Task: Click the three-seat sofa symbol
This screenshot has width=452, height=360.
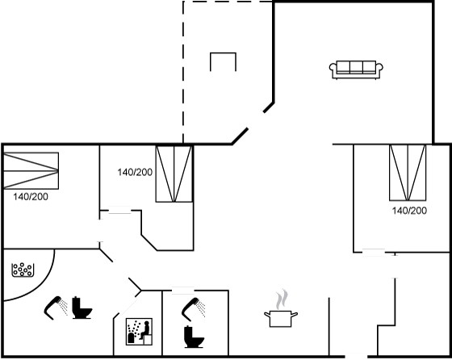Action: (x=356, y=69)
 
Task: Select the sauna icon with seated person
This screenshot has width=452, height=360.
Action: (x=139, y=332)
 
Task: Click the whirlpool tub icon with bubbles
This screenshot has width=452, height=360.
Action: (x=23, y=270)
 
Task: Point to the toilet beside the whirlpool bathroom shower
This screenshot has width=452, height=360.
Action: (x=82, y=308)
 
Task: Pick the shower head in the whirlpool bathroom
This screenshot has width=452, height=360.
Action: (x=56, y=308)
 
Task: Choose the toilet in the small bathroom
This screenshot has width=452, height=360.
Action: (x=194, y=337)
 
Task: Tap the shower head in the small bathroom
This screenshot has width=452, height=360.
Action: (x=193, y=309)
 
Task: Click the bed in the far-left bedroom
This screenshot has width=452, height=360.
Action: (x=31, y=170)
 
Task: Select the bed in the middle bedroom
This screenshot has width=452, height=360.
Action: (x=174, y=174)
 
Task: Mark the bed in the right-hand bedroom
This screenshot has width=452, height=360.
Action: (x=408, y=173)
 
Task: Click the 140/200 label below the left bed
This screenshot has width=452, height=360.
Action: (x=31, y=197)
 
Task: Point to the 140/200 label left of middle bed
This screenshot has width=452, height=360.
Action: (x=135, y=173)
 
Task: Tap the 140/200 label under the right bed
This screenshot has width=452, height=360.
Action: (x=409, y=211)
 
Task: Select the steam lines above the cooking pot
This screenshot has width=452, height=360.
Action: (x=282, y=299)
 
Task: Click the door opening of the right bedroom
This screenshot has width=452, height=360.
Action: (x=374, y=252)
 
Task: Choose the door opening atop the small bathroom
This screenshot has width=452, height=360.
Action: (x=183, y=291)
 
